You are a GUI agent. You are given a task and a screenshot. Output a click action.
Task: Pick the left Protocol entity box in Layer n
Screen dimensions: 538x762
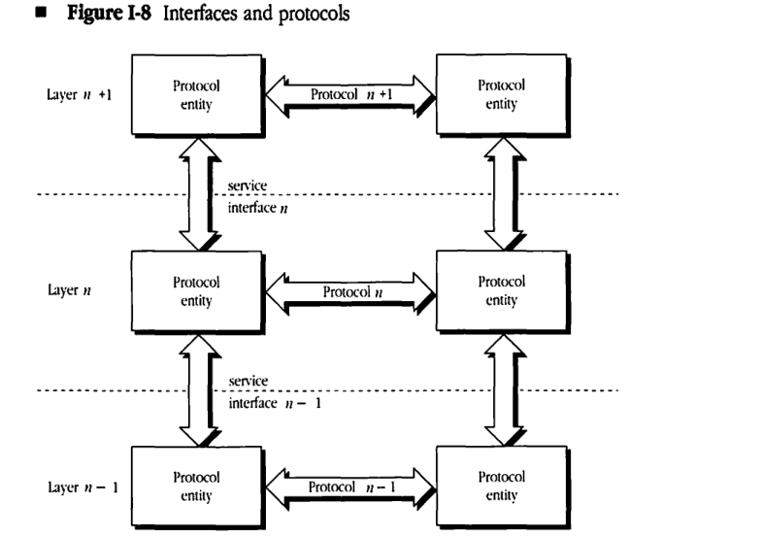click(x=195, y=290)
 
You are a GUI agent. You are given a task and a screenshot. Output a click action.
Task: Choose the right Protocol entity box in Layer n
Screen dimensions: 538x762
click(x=501, y=290)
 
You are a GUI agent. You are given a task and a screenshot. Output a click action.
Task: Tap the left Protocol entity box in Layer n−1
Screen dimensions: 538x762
click(x=195, y=486)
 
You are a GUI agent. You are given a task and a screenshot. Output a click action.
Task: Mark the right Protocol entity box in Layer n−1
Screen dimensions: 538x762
click(x=501, y=486)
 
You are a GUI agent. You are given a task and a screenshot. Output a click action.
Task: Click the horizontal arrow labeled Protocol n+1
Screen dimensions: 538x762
click(x=348, y=95)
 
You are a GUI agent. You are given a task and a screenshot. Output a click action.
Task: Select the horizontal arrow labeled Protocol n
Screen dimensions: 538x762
click(x=348, y=291)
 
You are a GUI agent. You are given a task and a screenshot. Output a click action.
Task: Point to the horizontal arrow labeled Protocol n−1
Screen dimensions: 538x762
click(x=348, y=486)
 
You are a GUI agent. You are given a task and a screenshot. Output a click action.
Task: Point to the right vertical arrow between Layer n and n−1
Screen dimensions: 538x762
click(x=503, y=388)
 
